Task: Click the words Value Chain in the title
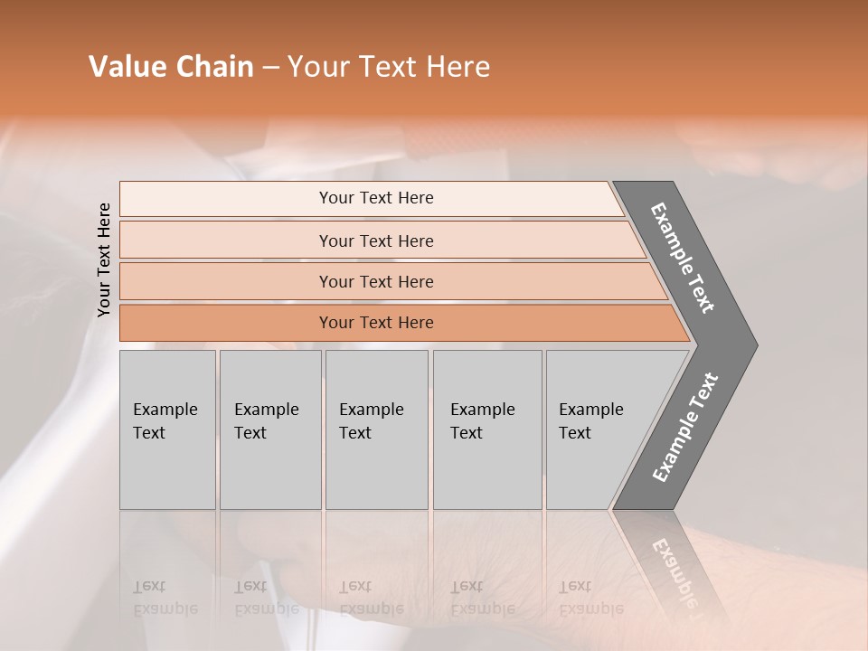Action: tap(171, 67)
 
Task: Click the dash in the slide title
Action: tap(270, 68)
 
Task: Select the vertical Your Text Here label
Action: tap(104, 259)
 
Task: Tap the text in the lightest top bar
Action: tap(376, 198)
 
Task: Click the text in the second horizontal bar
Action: tap(376, 241)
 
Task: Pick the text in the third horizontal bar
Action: tap(376, 282)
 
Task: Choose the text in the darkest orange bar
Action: tap(376, 323)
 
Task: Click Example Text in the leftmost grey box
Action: tap(165, 421)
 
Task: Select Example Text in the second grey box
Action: tap(266, 421)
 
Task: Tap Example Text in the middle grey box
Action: tap(371, 421)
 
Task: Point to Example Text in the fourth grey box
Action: tap(482, 421)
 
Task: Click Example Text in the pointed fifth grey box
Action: tap(590, 421)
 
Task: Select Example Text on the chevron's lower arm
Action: tap(684, 428)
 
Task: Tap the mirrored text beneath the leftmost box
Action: tap(165, 598)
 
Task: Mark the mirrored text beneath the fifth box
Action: tap(590, 598)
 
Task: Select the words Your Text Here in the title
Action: tap(389, 67)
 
